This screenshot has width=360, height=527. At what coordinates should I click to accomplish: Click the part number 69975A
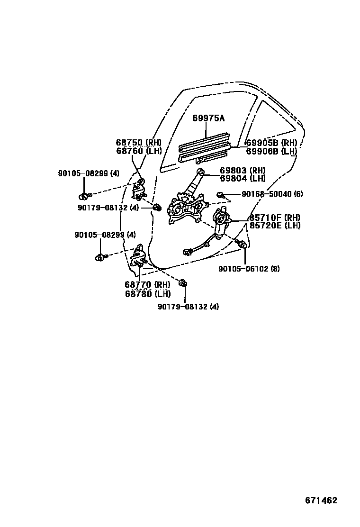click(208, 118)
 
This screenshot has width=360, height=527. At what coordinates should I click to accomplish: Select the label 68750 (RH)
click(139, 142)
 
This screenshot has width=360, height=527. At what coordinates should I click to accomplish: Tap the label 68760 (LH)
click(139, 151)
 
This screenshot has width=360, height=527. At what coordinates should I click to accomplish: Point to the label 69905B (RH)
click(271, 143)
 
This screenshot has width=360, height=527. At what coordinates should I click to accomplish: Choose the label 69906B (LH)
click(271, 151)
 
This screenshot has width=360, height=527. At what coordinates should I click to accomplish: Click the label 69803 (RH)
click(243, 170)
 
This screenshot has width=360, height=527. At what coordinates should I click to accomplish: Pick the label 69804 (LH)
click(243, 178)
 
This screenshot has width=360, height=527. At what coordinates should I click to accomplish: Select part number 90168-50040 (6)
click(272, 194)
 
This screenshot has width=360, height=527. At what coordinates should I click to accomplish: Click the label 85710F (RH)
click(275, 218)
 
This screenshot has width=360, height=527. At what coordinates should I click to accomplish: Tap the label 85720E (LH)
click(275, 226)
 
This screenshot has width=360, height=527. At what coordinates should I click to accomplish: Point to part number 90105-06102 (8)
click(249, 269)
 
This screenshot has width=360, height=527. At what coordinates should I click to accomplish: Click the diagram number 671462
click(321, 500)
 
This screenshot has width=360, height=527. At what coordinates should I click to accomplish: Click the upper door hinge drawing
click(139, 190)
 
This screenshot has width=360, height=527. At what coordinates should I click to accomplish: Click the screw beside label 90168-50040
click(221, 194)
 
